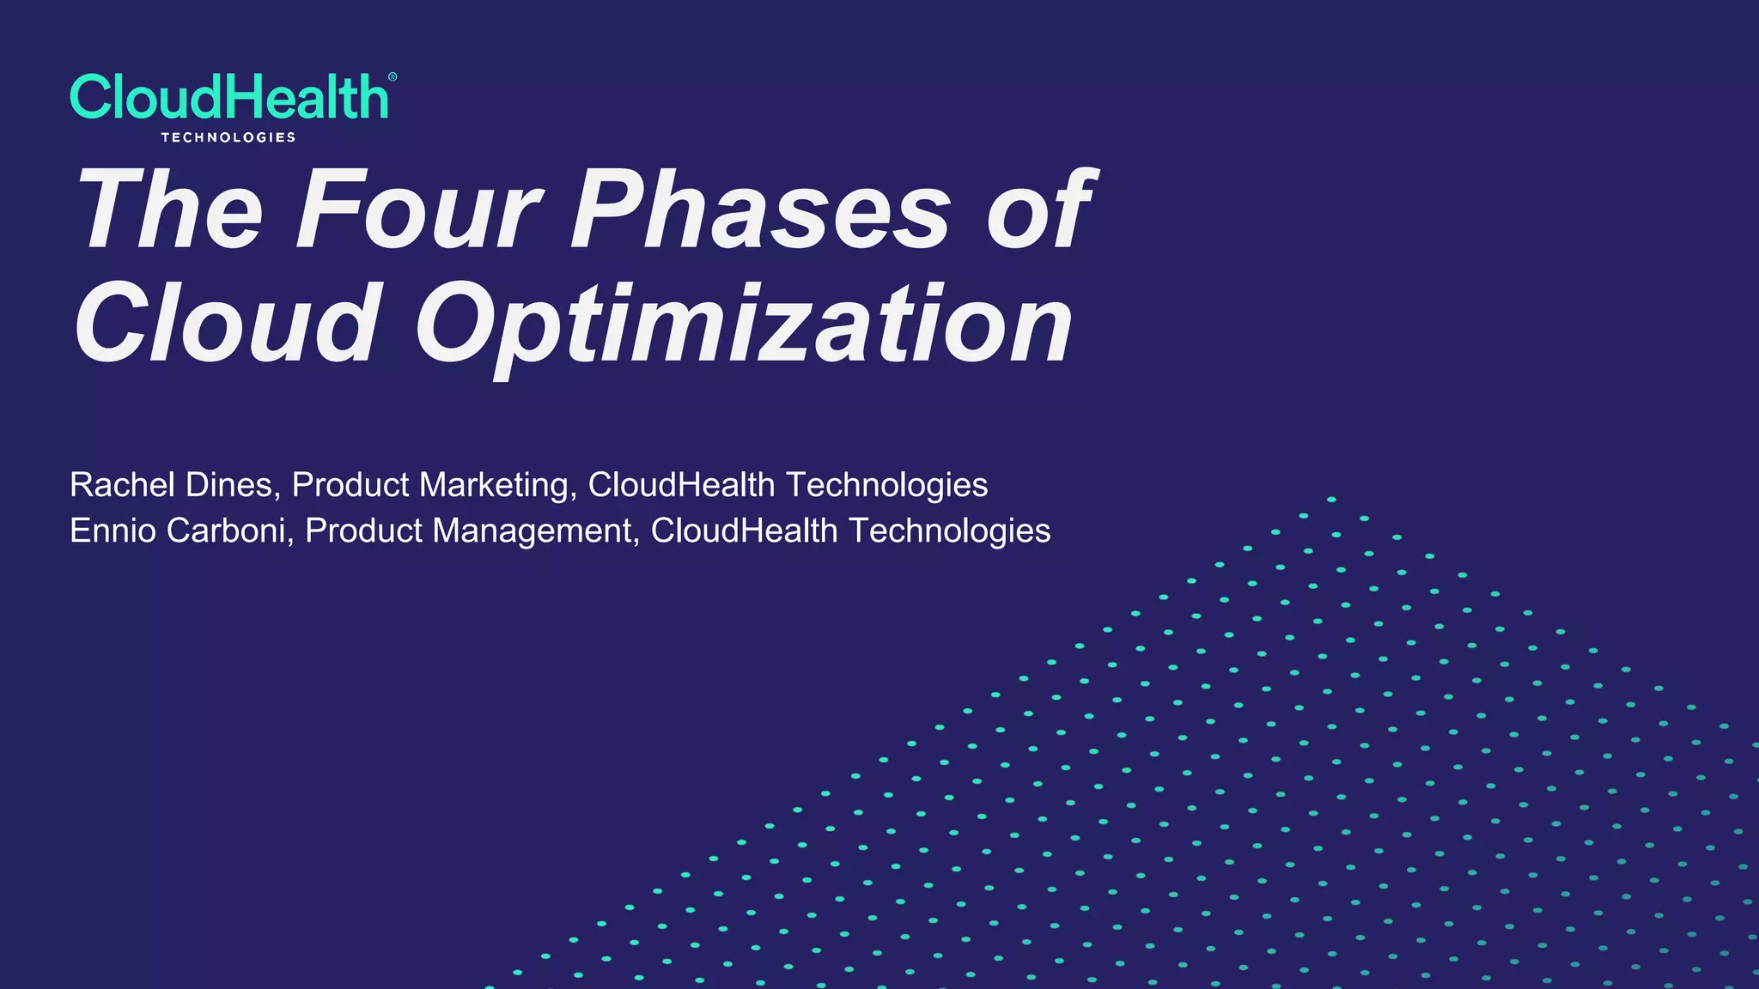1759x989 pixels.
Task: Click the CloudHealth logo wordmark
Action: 228,97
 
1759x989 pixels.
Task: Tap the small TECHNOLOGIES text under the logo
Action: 228,137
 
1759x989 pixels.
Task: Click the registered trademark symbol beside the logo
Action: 393,77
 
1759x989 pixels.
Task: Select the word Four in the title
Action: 418,209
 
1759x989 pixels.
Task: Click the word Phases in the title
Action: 761,209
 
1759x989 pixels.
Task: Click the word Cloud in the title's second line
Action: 226,325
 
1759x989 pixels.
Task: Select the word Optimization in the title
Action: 744,326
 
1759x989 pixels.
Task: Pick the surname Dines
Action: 232,485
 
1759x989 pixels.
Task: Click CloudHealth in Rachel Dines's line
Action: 681,485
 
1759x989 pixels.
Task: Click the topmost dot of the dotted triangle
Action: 1331,499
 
